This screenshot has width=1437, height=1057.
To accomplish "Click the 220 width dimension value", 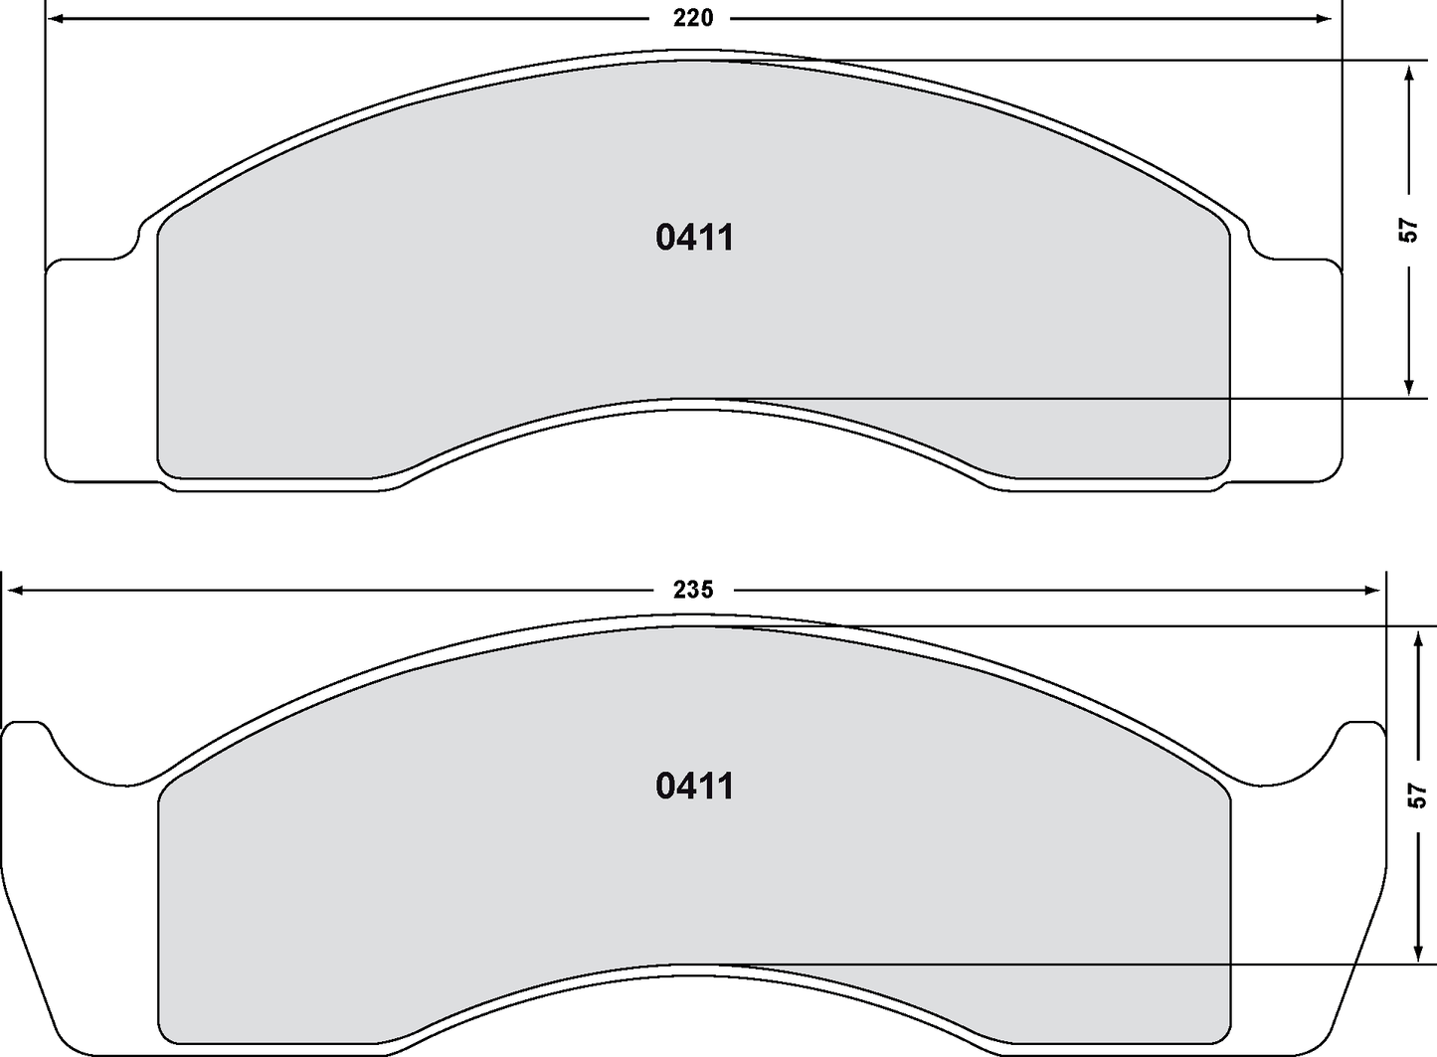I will pyautogui.click(x=693, y=18).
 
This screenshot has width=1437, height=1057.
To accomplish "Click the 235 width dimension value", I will pyautogui.click(x=693, y=590).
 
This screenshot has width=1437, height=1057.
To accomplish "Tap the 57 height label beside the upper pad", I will pyautogui.click(x=1408, y=230).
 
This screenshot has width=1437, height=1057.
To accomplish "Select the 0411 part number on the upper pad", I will pyautogui.click(x=695, y=238).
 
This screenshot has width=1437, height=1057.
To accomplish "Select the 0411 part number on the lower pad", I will pyautogui.click(x=695, y=786).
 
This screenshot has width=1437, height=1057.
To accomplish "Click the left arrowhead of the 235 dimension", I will pyautogui.click(x=14, y=590).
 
